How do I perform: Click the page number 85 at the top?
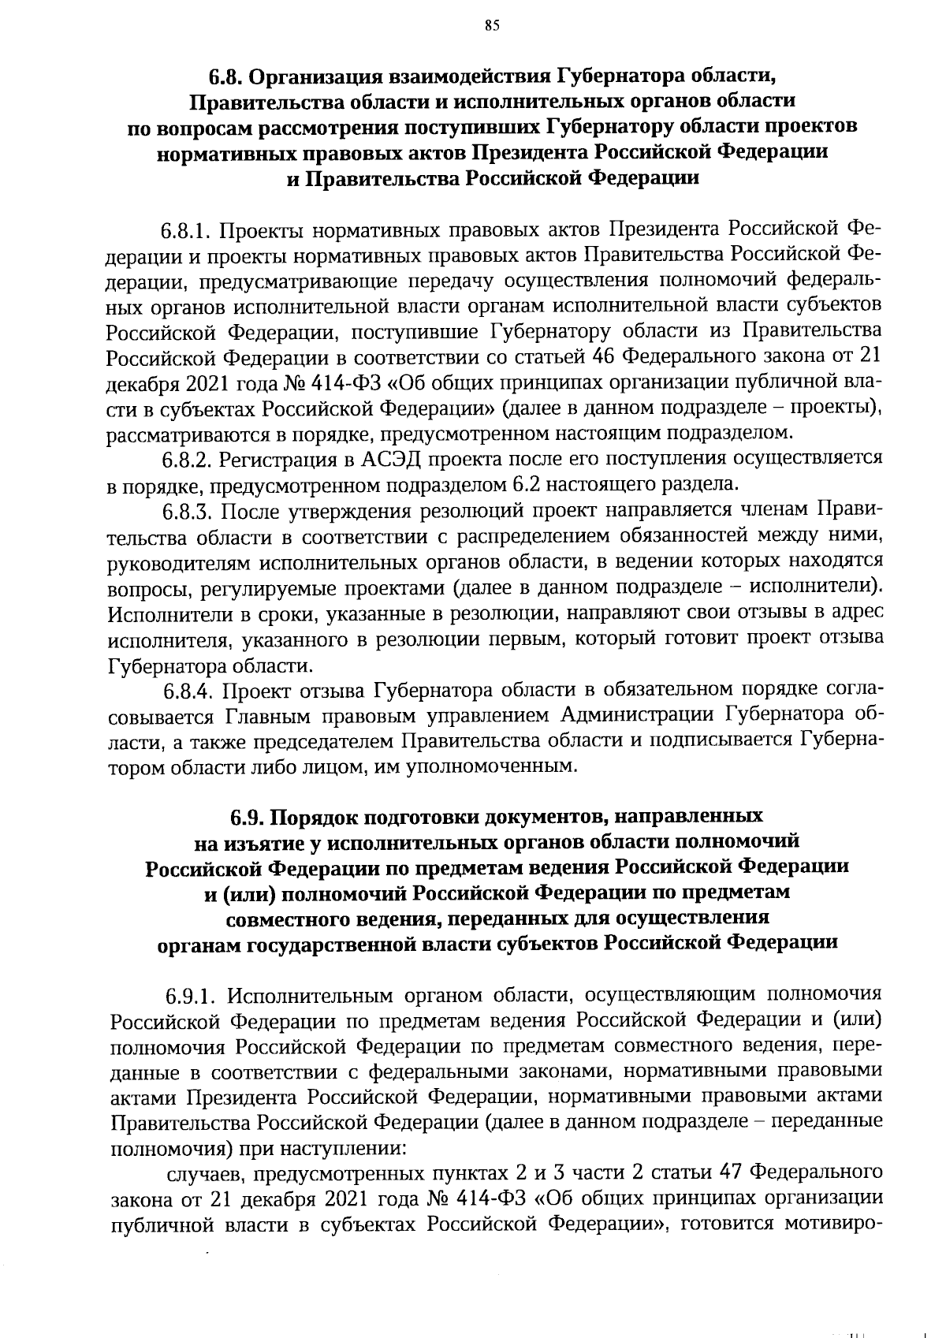(x=492, y=27)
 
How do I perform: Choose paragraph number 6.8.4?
(x=188, y=691)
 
